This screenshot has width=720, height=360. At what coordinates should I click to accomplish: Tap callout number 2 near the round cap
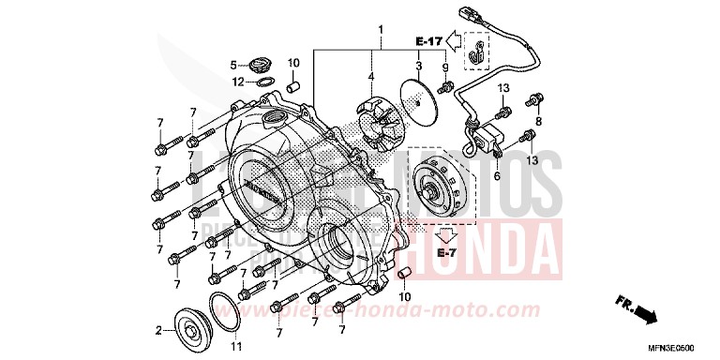click(159, 330)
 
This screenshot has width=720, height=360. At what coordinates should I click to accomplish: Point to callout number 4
click(370, 77)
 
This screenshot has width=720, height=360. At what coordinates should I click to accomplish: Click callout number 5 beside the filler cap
click(234, 65)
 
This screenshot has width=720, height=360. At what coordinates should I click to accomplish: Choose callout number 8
click(539, 121)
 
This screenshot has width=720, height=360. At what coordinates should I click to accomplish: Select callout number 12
click(239, 82)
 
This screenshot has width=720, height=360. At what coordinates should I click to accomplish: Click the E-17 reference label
click(428, 41)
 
